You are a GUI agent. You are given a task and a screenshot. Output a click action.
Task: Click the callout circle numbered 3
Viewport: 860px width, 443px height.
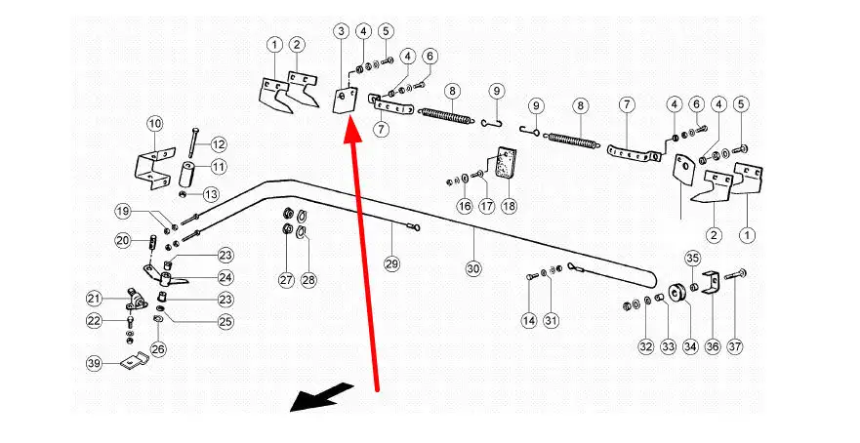[341, 32]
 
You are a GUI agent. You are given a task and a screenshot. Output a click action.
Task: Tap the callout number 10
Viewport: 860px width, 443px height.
[155, 124]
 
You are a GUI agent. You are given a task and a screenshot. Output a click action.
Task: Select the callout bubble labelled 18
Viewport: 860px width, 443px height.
[509, 207]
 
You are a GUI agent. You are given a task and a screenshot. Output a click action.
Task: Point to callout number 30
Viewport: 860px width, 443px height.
[473, 268]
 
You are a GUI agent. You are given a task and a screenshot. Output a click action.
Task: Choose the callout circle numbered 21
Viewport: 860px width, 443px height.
[94, 299]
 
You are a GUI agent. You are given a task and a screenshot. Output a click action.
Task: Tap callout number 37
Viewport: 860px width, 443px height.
[735, 346]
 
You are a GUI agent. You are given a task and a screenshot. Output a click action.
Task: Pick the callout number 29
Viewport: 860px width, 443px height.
[391, 264]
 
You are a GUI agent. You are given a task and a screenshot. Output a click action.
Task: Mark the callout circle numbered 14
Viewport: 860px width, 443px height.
[529, 320]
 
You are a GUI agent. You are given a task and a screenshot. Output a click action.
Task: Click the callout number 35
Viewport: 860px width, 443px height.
[692, 259]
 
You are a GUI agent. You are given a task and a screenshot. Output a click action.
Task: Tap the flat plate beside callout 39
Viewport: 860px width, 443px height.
[134, 362]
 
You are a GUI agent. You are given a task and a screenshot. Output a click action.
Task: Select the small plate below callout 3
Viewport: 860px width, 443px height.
[344, 100]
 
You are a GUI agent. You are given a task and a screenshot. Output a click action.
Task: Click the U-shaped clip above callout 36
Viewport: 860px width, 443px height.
[711, 281]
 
